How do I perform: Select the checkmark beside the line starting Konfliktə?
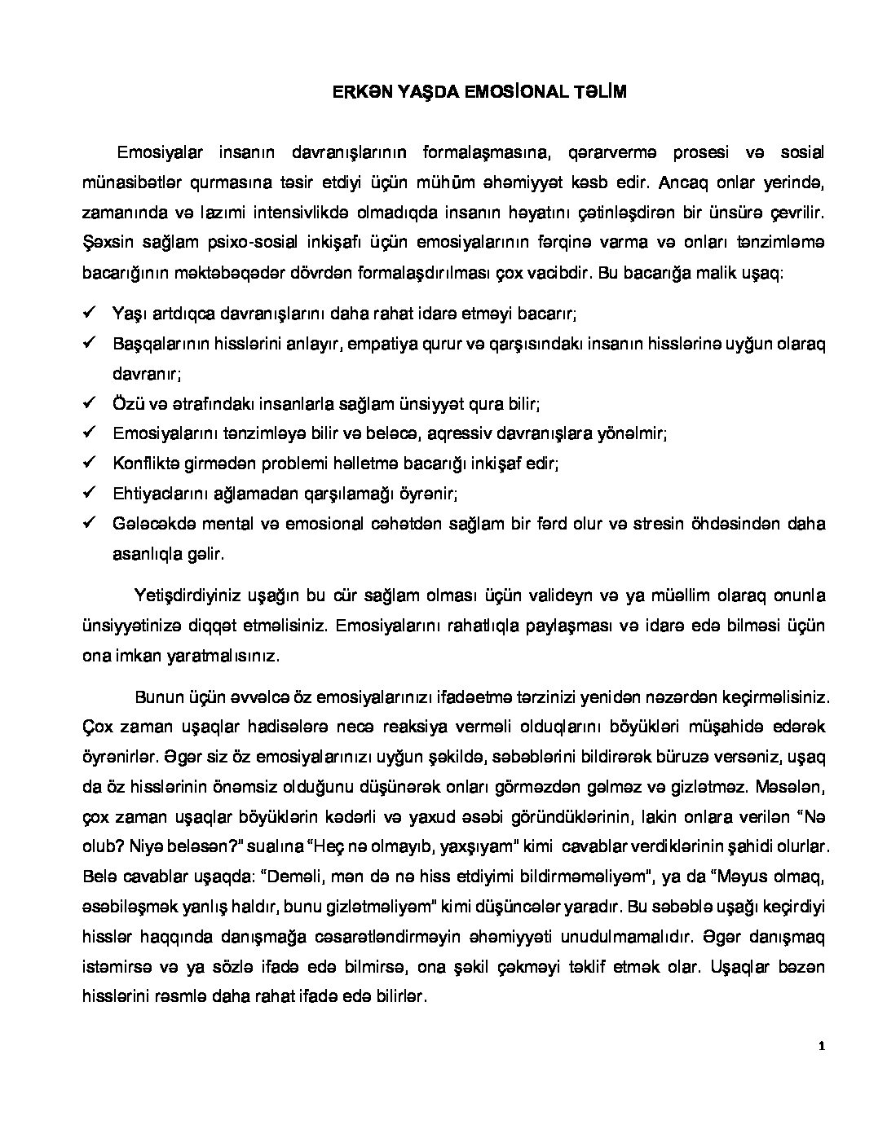point(90,462)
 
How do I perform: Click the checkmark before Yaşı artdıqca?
point(90,313)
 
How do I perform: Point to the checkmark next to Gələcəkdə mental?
point(90,522)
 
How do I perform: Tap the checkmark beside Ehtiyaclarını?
point(90,492)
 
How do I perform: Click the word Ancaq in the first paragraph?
point(678,182)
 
